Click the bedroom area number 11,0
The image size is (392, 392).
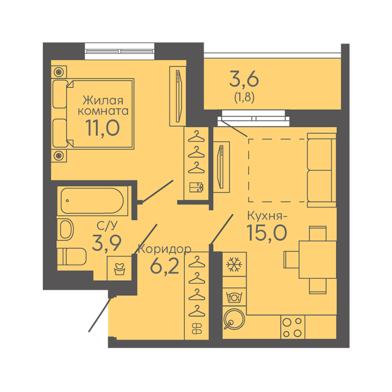pyautogui.click(x=103, y=128)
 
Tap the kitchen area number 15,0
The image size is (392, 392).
pyautogui.click(x=267, y=233)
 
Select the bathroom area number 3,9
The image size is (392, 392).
pyautogui.click(x=107, y=243)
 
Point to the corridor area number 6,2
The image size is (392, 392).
pyautogui.click(x=165, y=266)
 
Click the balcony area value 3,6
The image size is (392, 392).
pyautogui.click(x=244, y=80)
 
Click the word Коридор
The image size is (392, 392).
pyautogui.click(x=165, y=249)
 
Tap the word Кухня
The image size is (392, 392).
pyautogui.click(x=265, y=216)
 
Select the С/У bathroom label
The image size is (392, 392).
pyautogui.click(x=107, y=226)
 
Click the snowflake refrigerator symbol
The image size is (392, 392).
pyautogui.click(x=234, y=264)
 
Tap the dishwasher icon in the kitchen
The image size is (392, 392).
pyautogui.click(x=234, y=297)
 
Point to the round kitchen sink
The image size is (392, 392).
pyautogui.click(x=234, y=319)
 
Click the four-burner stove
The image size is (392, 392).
pyautogui.click(x=292, y=327)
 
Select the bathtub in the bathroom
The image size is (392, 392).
pyautogui.click(x=92, y=201)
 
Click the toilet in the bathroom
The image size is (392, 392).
pyautogui.click(x=72, y=257)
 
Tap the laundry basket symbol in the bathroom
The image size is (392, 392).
pyautogui.click(x=119, y=268)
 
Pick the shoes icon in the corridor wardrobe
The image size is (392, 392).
pyautogui.click(x=197, y=329)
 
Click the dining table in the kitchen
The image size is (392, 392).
pyautogui.click(x=317, y=259)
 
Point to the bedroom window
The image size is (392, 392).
pyautogui.click(x=119, y=51)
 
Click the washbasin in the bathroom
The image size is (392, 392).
pyautogui.click(x=66, y=229)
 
